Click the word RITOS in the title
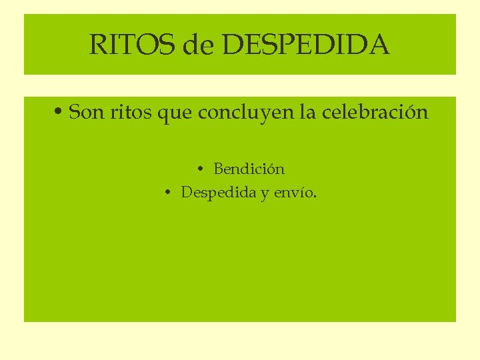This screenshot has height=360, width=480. [128, 45]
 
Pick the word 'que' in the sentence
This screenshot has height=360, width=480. [175, 113]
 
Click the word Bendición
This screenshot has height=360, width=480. [249, 169]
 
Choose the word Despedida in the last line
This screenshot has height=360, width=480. [219, 193]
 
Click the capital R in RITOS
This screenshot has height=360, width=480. [97, 45]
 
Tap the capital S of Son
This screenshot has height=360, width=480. [75, 112]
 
